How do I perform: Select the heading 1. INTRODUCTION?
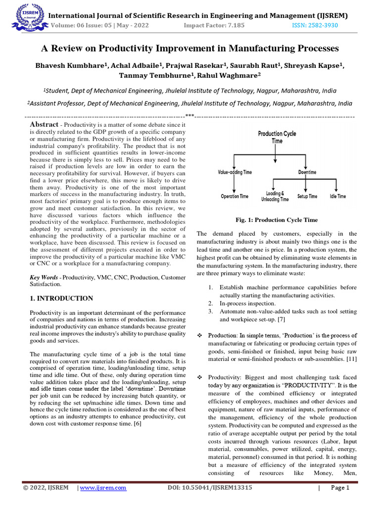[x=61, y=298]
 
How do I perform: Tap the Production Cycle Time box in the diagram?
[x=277, y=137]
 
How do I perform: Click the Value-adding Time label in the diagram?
[x=235, y=172]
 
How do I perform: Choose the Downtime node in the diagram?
[x=307, y=172]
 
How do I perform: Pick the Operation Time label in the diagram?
[x=235, y=197]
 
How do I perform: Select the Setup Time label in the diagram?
[x=307, y=197]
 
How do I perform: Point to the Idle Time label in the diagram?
[x=337, y=197]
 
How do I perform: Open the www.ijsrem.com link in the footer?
[x=103, y=488]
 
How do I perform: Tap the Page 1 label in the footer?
[x=340, y=488]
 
